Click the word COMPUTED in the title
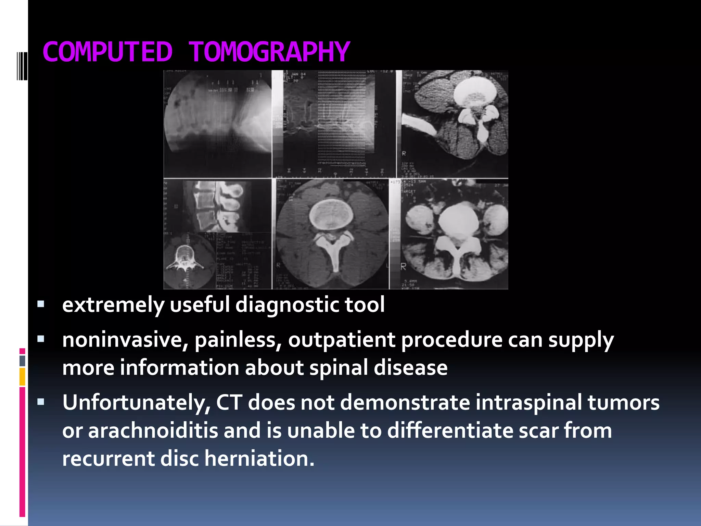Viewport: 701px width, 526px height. (107, 52)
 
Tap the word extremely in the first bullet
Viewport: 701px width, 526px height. (113, 305)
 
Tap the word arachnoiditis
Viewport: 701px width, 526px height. (153, 430)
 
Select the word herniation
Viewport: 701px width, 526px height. (259, 459)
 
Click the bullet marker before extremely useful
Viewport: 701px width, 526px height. (41, 304)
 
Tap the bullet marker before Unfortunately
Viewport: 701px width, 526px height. (41, 402)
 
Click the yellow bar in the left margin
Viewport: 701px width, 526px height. (22, 376)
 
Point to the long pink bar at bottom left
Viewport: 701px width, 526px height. (22, 452)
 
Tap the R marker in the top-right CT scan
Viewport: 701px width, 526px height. (404, 153)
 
